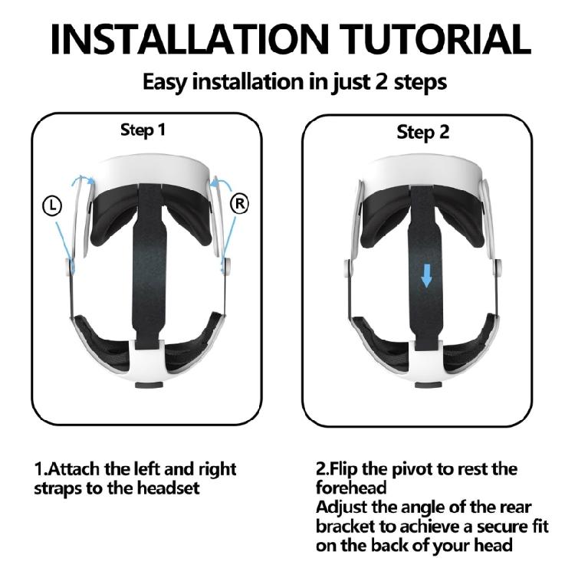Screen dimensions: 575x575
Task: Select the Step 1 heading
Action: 143,130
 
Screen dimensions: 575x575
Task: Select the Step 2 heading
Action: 422,132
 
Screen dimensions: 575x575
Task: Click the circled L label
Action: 51,205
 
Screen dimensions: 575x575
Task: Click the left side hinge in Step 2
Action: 350,269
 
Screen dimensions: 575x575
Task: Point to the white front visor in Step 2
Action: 424,170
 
